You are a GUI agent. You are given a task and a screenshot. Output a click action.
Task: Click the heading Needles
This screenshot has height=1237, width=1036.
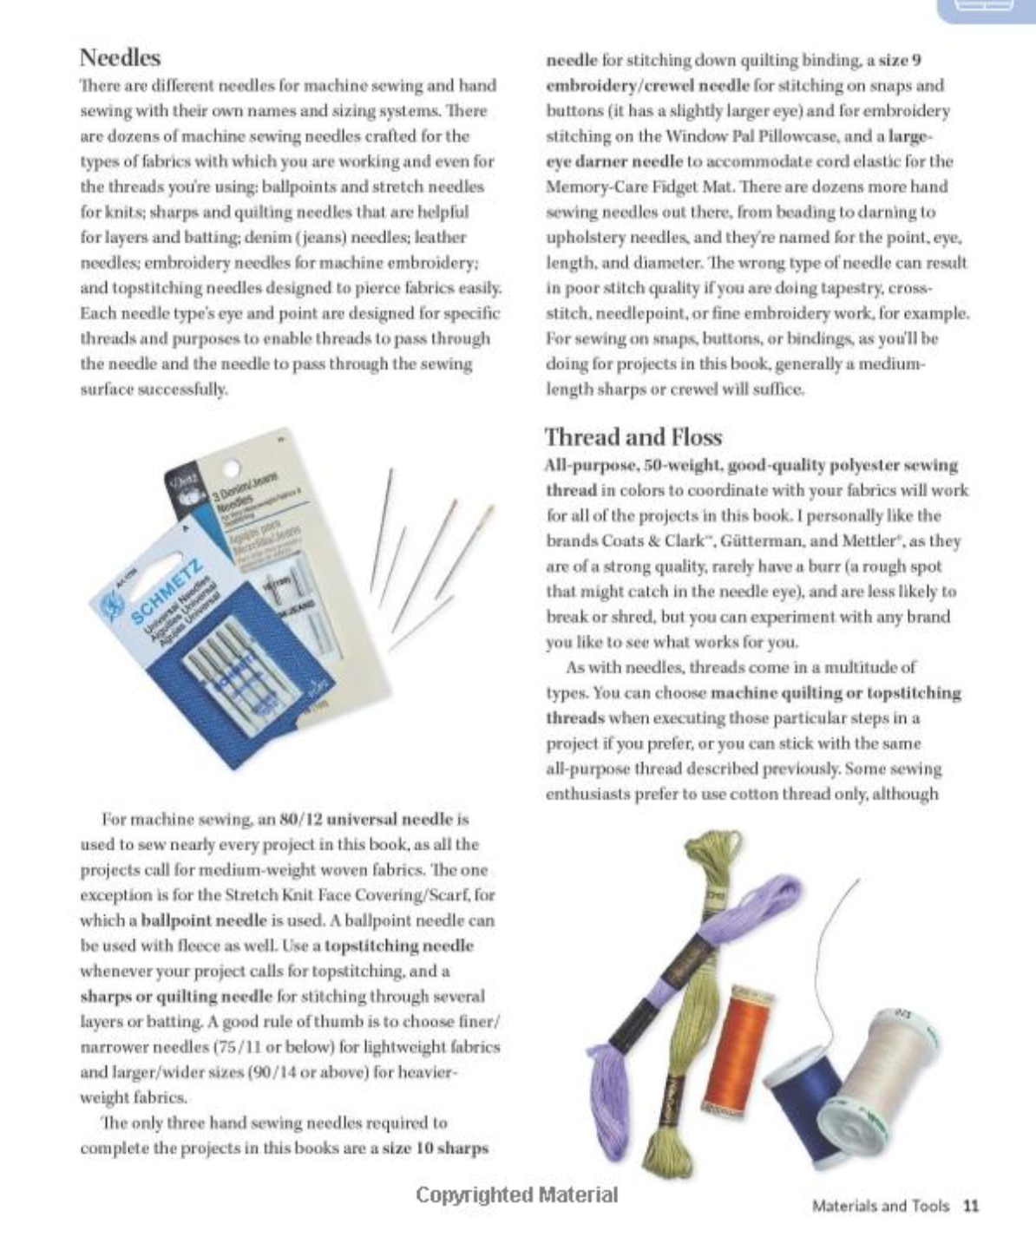click(120, 58)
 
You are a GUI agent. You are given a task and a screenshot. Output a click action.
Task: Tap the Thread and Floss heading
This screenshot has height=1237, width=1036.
click(633, 437)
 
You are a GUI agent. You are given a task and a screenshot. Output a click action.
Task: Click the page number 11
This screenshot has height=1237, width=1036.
click(971, 1206)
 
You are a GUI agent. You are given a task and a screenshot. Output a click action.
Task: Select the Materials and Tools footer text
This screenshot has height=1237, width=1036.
click(880, 1206)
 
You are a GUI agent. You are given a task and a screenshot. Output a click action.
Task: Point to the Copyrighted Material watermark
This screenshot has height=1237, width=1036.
click(517, 1195)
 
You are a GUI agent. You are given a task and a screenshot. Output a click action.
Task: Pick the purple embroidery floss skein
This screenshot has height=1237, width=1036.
click(746, 911)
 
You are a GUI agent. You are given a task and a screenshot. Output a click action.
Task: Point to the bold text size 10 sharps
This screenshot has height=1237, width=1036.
click(436, 1149)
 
